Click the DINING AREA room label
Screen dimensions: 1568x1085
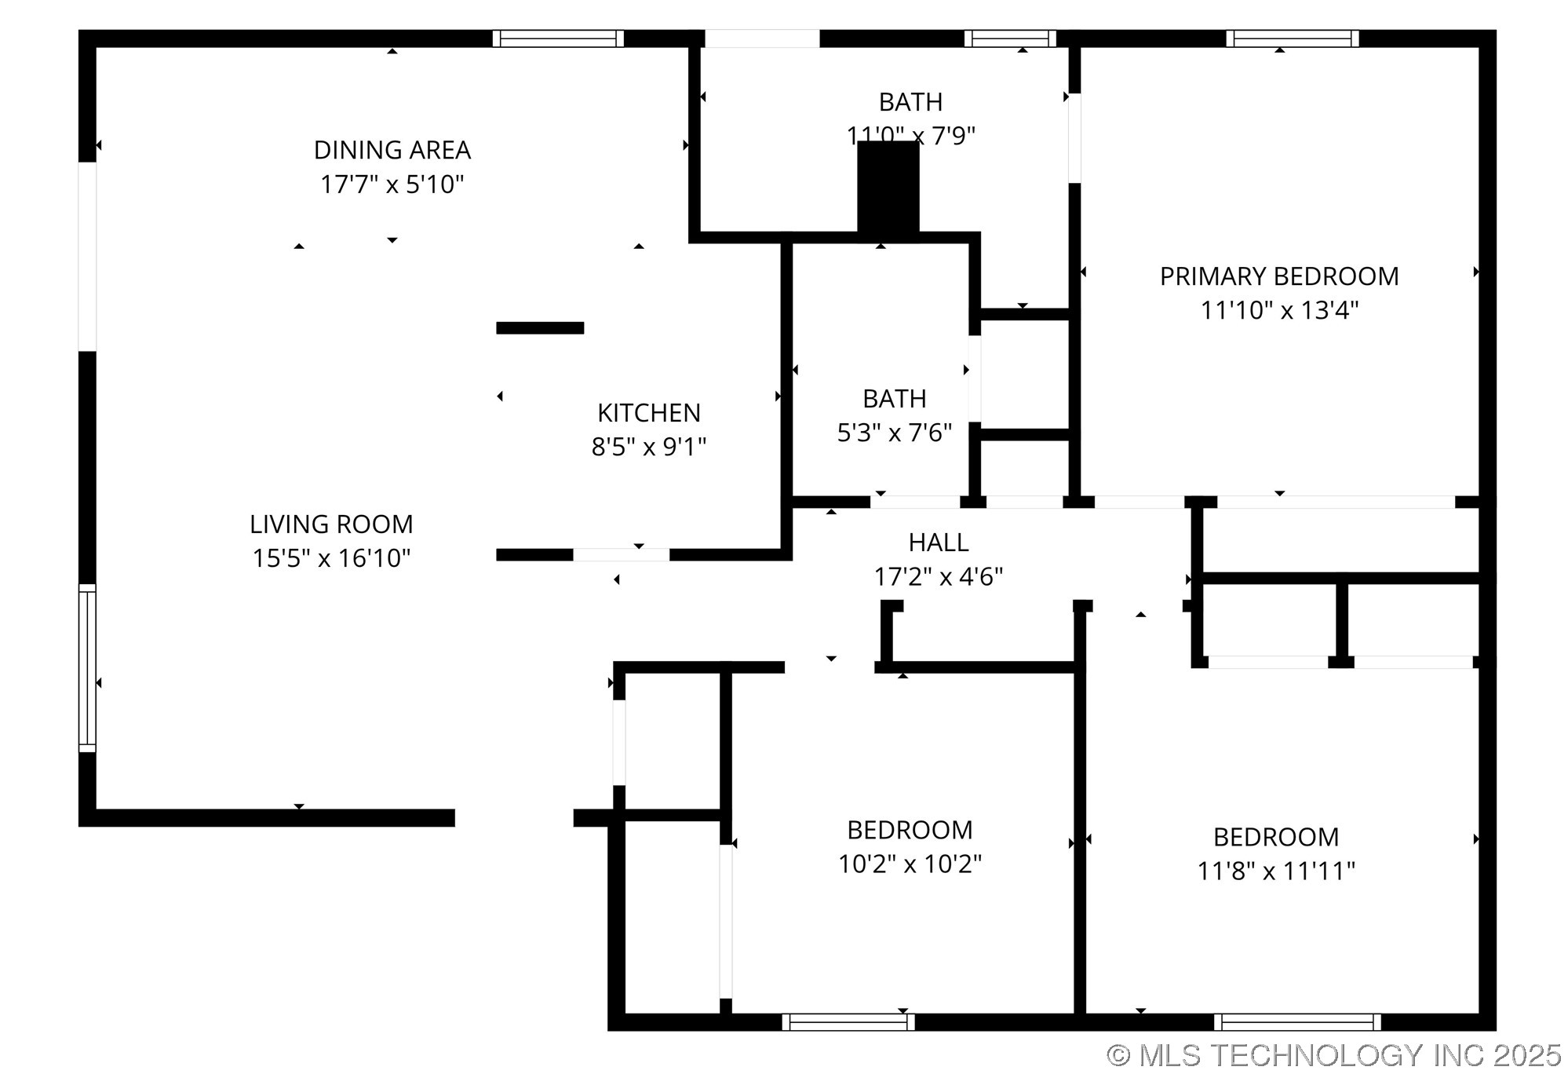click(x=392, y=150)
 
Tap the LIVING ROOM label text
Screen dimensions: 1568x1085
click(x=331, y=524)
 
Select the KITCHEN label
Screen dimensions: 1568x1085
click(x=649, y=413)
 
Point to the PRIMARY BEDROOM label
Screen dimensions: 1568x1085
click(x=1279, y=276)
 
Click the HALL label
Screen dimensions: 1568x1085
click(x=939, y=542)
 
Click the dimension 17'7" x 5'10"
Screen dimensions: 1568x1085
click(x=392, y=184)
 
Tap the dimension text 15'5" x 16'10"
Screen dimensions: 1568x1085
click(x=331, y=558)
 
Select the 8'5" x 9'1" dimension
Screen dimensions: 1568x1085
click(x=649, y=447)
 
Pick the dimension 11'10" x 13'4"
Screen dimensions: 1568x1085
click(x=1279, y=310)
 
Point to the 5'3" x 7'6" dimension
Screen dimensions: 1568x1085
click(x=895, y=433)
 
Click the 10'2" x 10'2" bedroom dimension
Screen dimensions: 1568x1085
click(x=910, y=864)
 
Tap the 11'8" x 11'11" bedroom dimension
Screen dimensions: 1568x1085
click(x=1276, y=871)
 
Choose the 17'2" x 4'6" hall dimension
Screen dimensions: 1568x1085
click(x=939, y=577)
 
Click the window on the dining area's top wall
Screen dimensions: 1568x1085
click(x=558, y=38)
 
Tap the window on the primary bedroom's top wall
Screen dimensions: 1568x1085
click(x=1293, y=38)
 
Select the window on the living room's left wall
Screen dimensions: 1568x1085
click(x=87, y=667)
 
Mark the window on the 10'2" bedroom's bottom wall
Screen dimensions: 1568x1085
click(x=848, y=1021)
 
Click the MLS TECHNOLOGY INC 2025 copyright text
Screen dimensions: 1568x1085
click(x=1334, y=1055)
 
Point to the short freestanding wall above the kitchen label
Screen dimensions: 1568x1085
click(x=540, y=328)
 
